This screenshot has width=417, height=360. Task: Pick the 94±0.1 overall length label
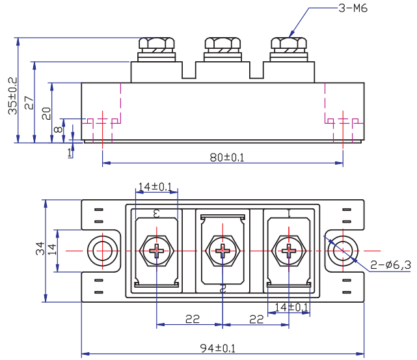coord(218,348)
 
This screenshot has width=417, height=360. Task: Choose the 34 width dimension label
coord(40,249)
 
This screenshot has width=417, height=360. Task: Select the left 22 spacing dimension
coord(192,318)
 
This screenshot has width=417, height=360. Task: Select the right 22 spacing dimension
coord(256,318)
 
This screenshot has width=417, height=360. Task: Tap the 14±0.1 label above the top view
coord(155,187)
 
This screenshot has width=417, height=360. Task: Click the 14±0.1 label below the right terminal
coord(290,307)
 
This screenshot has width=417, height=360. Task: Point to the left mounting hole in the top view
coord(101,251)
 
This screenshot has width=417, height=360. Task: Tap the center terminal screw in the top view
coord(222,251)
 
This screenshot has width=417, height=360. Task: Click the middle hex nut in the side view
coord(222,45)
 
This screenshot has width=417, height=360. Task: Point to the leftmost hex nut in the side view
coord(157,45)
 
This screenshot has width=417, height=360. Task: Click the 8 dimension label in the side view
coord(58,130)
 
